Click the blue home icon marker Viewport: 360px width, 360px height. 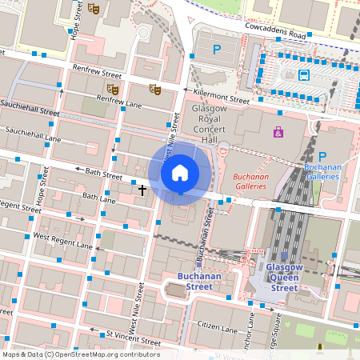(x=180, y=172)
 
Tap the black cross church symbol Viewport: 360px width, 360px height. (x=142, y=190)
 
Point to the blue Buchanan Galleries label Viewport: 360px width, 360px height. (x=323, y=172)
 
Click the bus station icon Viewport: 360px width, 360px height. (x=304, y=76)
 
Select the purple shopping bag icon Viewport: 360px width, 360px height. (x=278, y=132)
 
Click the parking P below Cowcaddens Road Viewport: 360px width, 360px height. (x=217, y=50)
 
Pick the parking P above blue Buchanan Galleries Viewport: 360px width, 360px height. (x=323, y=157)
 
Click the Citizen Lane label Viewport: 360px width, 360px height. (x=218, y=328)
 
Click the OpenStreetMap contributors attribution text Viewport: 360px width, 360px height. (x=80, y=354)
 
